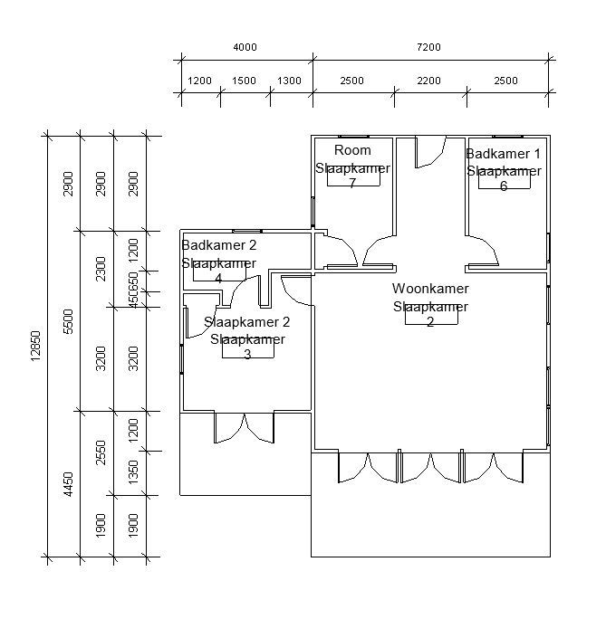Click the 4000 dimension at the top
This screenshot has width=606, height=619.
[245, 47]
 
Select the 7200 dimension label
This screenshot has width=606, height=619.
[428, 47]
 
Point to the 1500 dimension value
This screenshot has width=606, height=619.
[244, 81]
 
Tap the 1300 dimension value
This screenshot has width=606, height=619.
[289, 81]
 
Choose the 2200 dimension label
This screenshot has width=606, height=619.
[428, 81]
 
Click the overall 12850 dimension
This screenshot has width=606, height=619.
[35, 347]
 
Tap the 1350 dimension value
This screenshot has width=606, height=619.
[133, 472]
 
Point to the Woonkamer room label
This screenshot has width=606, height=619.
[430, 289]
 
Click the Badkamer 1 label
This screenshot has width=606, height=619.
[504, 153]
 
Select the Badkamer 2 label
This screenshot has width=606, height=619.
[219, 245]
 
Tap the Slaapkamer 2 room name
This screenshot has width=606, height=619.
[247, 322]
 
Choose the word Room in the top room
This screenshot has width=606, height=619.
[352, 149]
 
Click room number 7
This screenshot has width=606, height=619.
[352, 183]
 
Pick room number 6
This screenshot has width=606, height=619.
[504, 186]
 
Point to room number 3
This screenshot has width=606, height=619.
[247, 355]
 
